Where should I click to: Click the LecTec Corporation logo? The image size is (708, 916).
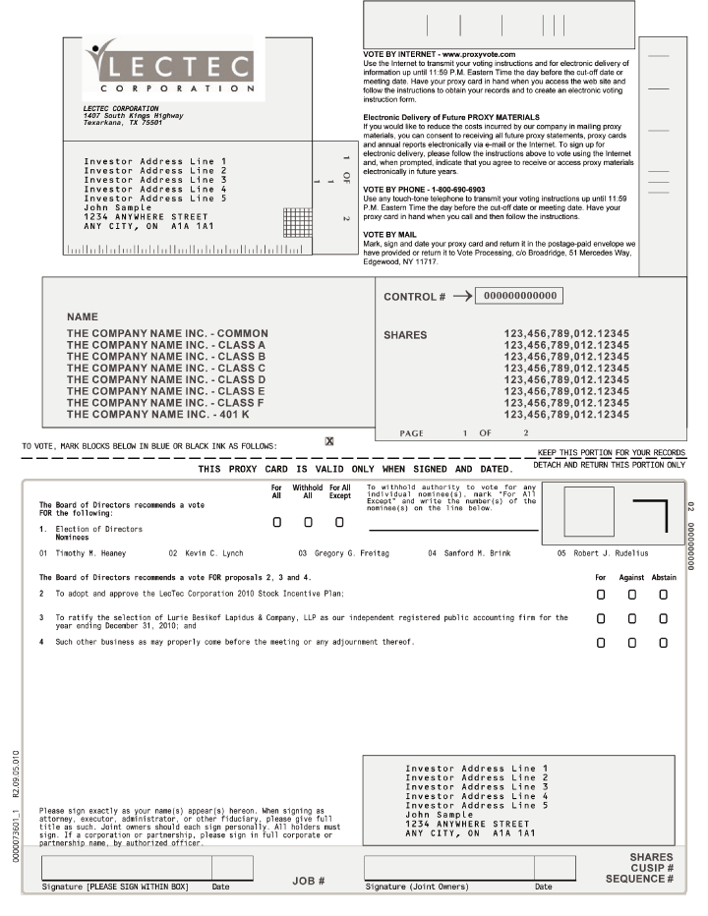[x=167, y=67]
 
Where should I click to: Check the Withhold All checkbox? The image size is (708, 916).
[x=309, y=521]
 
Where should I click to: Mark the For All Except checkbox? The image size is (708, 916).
[x=339, y=521]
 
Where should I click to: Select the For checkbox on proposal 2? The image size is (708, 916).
[x=601, y=595]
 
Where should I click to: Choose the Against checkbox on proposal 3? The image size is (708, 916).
[x=632, y=618]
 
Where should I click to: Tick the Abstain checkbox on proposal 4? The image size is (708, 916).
[x=664, y=642]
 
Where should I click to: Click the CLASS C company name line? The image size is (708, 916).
[x=166, y=368]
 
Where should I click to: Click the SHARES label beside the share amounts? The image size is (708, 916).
[x=405, y=335]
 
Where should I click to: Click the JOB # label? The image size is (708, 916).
[x=309, y=881]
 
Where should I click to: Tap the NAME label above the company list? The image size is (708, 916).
[x=83, y=317]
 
